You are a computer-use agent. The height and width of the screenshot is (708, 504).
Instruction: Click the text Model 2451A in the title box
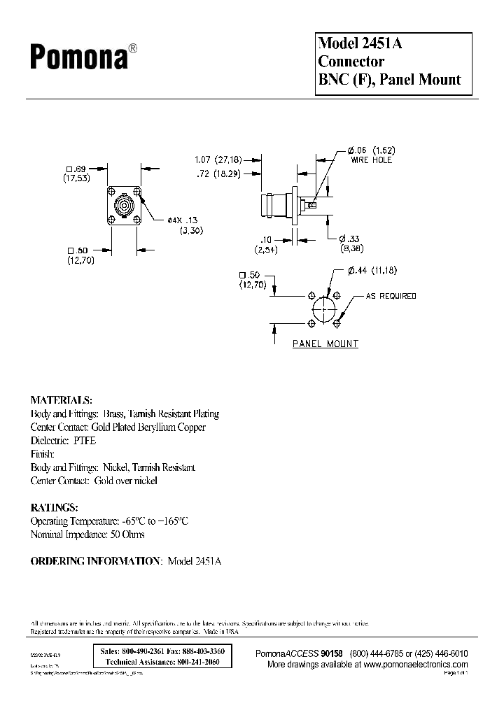tap(360, 43)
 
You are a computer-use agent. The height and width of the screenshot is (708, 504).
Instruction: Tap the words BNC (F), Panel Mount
tap(390, 79)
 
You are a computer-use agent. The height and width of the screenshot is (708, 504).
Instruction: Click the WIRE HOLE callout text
tap(372, 160)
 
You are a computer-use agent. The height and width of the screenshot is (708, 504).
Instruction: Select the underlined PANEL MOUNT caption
tap(325, 344)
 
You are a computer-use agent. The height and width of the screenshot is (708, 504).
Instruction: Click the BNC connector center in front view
tap(127, 206)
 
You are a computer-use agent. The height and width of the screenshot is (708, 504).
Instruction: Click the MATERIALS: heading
tap(61, 400)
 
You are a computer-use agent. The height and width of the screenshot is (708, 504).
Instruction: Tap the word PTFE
tap(83, 441)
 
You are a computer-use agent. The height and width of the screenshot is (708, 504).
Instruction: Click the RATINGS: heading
tap(55, 507)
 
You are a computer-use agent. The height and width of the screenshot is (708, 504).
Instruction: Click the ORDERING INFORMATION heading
tap(96, 561)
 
